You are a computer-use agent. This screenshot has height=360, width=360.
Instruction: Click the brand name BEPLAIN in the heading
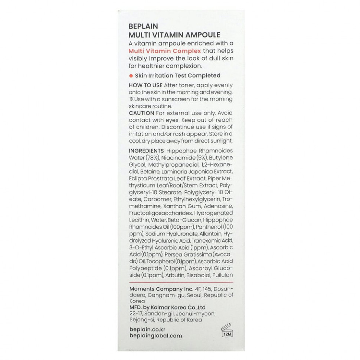pyautogui.click(x=143, y=26)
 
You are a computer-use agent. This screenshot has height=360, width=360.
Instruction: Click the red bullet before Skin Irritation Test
pyautogui.click(x=130, y=75)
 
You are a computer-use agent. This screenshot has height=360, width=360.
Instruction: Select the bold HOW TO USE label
pyautogui.click(x=145, y=85)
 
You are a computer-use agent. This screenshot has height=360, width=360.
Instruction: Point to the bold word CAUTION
pyautogui.click(x=141, y=113)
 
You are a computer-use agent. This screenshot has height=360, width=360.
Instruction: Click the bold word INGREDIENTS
pyautogui.click(x=146, y=151)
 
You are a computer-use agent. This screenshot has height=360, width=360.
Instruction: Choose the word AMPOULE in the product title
pyautogui.click(x=201, y=35)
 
